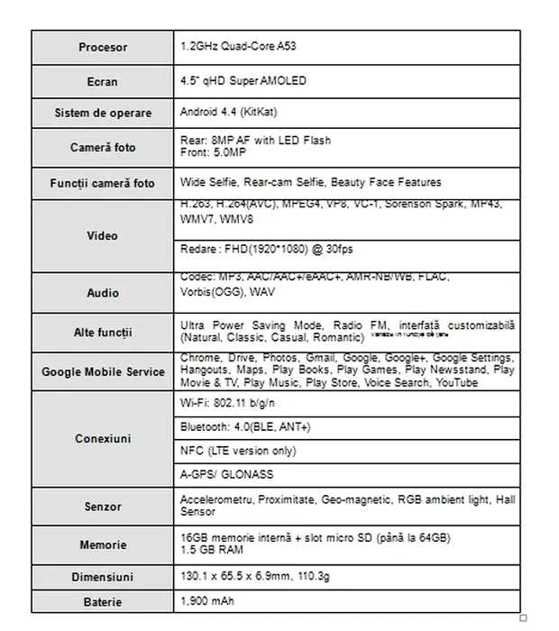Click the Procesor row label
[103, 48]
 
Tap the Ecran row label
[103, 81]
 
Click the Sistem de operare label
[103, 114]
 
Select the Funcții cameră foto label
[103, 183]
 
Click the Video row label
[103, 236]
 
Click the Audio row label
[103, 293]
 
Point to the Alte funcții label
[103, 333]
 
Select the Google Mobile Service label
[103, 371]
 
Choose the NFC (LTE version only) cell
[238, 451]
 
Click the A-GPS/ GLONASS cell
[226, 475]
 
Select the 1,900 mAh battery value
[207, 601]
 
